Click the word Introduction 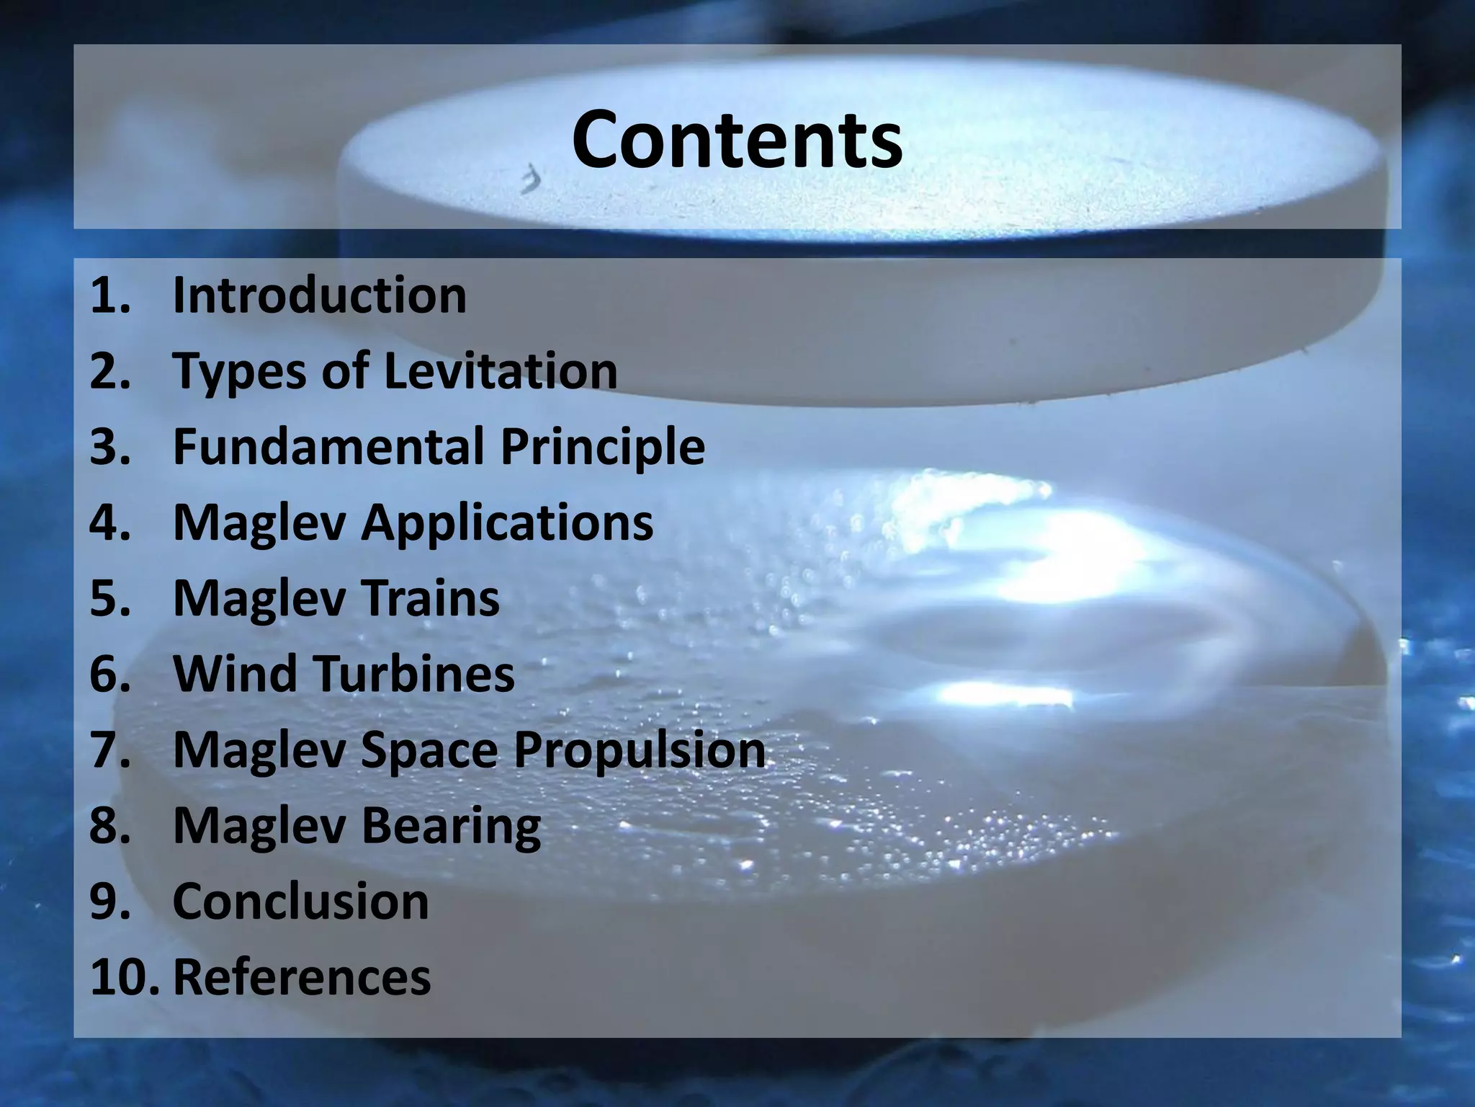tap(320, 295)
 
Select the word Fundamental tap(329, 446)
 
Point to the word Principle tap(603, 448)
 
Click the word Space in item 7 tap(429, 750)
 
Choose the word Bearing tap(450, 826)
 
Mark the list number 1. tap(109, 295)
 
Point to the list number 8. tap(109, 826)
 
